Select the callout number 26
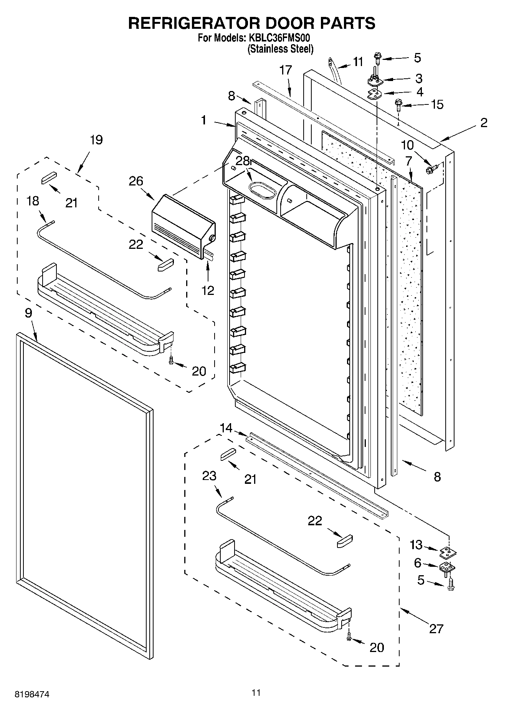point(136,181)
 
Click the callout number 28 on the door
point(243,161)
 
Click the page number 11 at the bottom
point(256,692)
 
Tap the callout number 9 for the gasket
point(29,313)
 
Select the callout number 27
point(436,629)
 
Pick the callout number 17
point(286,70)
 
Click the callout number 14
point(226,428)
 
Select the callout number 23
point(209,476)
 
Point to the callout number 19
point(96,140)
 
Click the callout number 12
point(208,290)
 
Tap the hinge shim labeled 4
point(374,94)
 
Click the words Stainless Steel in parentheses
point(280,49)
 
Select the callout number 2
point(484,122)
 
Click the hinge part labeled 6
point(446,567)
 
